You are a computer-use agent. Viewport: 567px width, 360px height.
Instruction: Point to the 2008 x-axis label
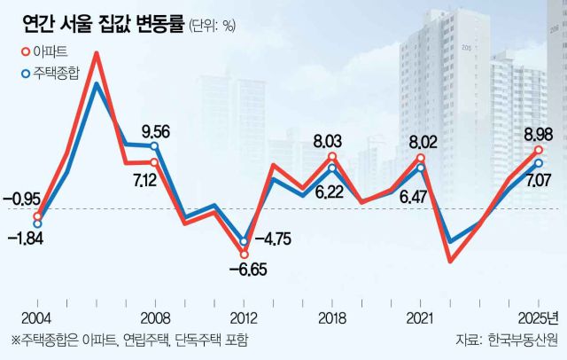[x=155, y=317]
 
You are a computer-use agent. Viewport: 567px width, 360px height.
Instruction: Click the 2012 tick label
[x=244, y=317]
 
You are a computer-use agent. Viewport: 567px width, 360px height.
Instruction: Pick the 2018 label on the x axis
[x=332, y=317]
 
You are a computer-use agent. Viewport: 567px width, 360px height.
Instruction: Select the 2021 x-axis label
[x=421, y=317]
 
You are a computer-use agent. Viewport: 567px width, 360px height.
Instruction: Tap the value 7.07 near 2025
[x=538, y=181]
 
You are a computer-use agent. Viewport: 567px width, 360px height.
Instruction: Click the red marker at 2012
[x=244, y=254]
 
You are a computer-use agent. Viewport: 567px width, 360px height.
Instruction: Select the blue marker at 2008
[x=154, y=146]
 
